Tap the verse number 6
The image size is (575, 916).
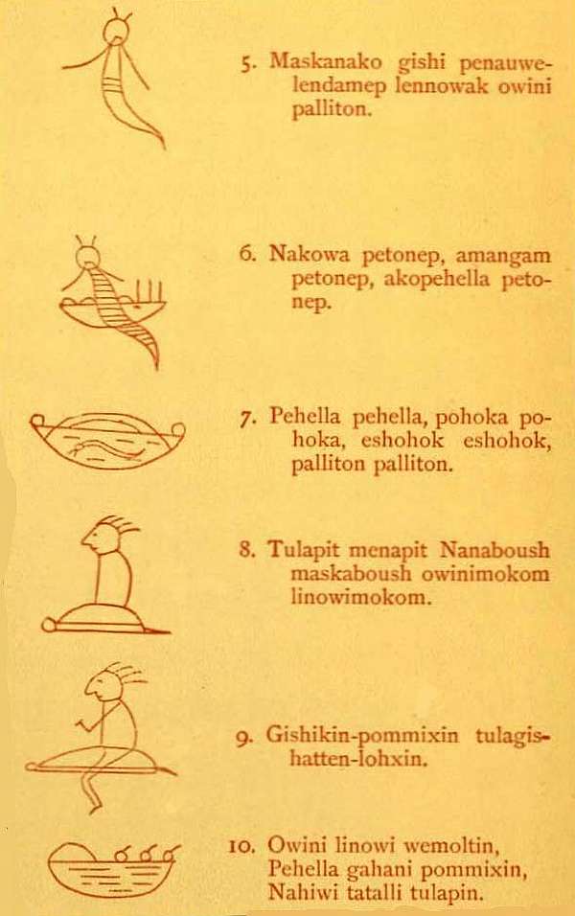coord(246,256)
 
